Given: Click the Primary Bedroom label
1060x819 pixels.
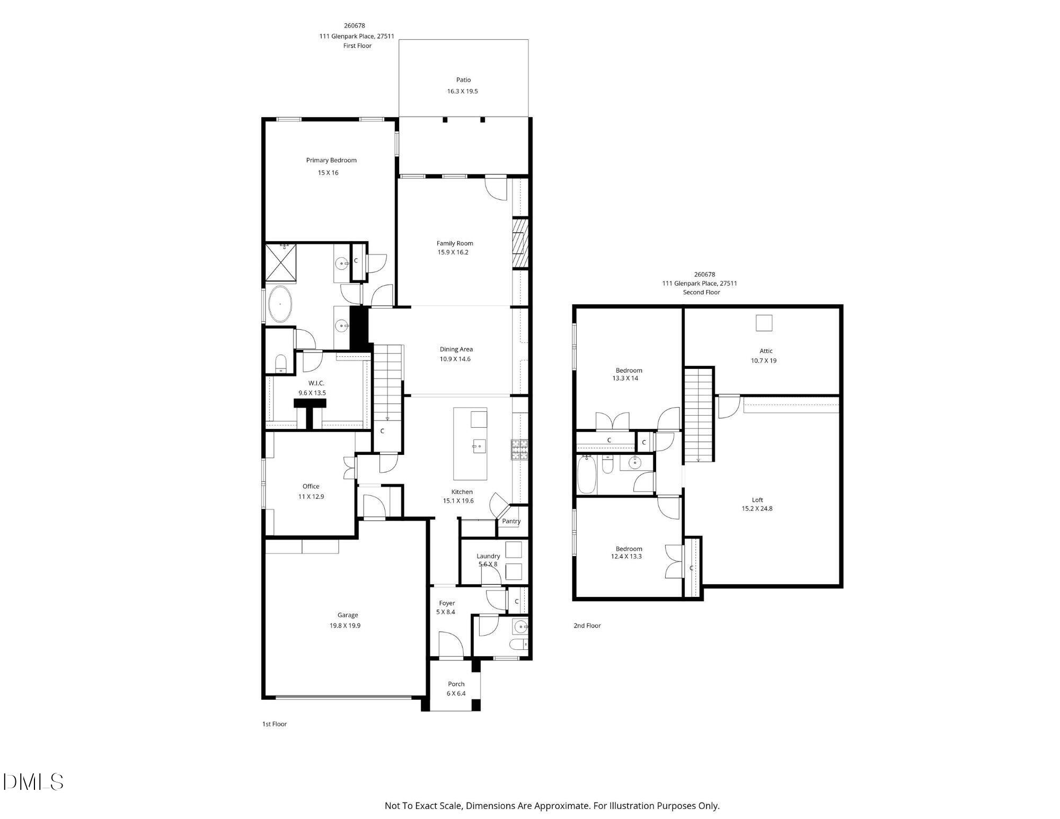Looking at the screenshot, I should (x=331, y=160).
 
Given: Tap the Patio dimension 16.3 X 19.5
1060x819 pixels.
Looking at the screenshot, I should (x=462, y=91).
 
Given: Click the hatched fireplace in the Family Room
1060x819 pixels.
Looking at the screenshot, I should (x=520, y=243).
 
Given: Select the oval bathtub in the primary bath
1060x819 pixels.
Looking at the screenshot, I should (x=279, y=304).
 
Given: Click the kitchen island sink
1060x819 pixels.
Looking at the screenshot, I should (x=479, y=446).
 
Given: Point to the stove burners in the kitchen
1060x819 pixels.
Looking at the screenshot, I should (x=519, y=449).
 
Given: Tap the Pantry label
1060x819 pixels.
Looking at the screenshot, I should (x=511, y=521).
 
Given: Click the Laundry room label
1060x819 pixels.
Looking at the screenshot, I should (x=488, y=556).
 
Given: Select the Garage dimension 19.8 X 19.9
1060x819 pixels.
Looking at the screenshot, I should (x=345, y=626).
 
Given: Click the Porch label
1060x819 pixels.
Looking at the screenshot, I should (x=456, y=684).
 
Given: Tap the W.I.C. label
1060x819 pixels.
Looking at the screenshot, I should (x=316, y=383).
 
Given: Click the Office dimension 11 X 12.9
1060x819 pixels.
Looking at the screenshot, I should (x=311, y=497).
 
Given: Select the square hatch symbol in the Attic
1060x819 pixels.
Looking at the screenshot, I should (x=764, y=323).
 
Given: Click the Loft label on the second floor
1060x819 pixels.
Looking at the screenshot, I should (x=757, y=500).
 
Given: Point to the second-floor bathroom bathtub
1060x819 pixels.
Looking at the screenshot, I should (x=587, y=474).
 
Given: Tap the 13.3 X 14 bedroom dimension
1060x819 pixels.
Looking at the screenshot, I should (x=625, y=378).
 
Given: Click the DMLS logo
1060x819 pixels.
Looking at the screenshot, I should (x=33, y=782).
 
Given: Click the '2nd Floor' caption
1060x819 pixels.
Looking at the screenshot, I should (x=587, y=626).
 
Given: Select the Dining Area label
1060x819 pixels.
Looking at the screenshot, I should (x=456, y=349).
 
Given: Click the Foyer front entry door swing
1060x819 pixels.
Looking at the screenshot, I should (x=451, y=644).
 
